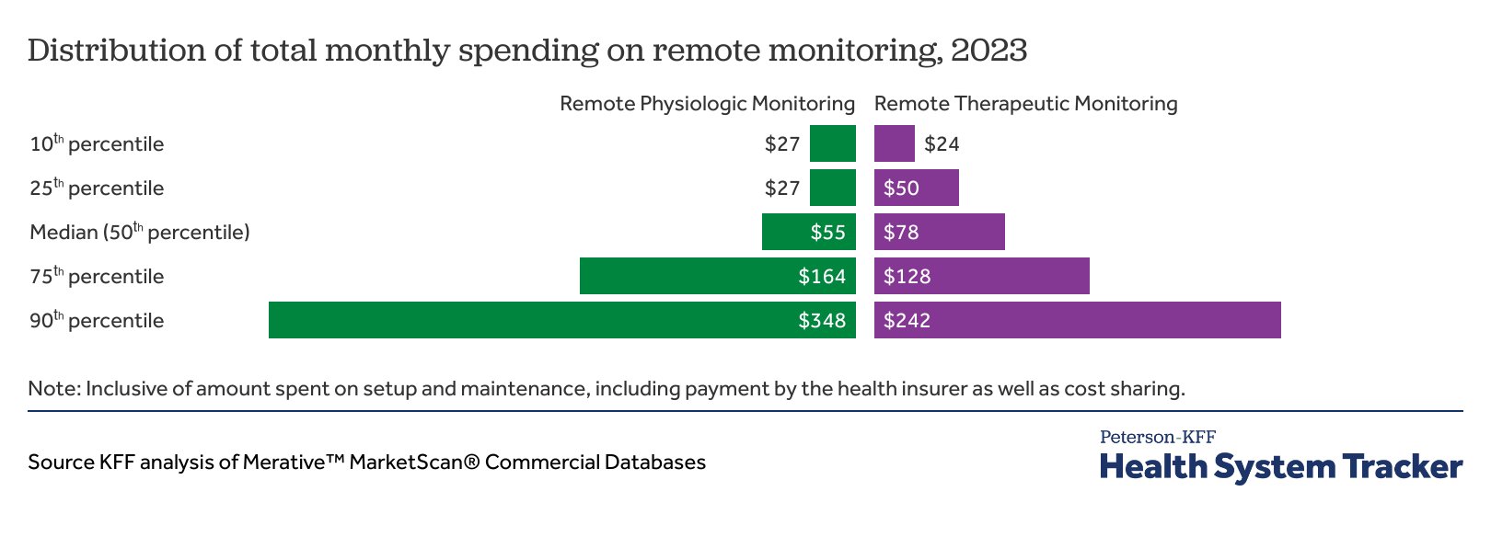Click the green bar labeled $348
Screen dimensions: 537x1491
pos(561,320)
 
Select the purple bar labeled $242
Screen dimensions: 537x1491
pos(1077,320)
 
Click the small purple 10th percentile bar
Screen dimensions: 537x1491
pos(894,143)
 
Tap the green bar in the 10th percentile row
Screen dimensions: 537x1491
pos(833,143)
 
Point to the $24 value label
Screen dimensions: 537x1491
pos(942,144)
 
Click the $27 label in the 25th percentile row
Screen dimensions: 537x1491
pos(782,189)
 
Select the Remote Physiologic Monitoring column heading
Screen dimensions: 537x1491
pos(707,104)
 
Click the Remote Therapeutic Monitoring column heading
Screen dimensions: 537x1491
pos(1025,104)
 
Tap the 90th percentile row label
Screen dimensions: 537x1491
pos(97,321)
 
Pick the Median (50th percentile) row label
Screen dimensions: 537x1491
pos(140,233)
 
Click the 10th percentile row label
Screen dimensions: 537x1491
pos(97,144)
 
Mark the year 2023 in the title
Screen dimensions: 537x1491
pos(988,50)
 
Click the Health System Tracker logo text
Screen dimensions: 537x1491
pos(1280,466)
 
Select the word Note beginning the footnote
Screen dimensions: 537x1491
pos(53,389)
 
